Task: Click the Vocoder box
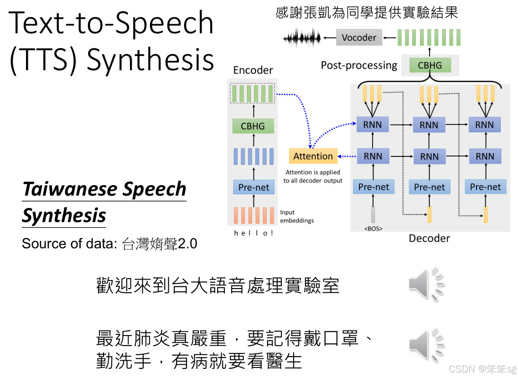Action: tap(359, 37)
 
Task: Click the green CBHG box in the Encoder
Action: tap(253, 126)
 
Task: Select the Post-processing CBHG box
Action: tap(430, 65)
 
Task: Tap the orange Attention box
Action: tap(313, 156)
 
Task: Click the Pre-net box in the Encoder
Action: tap(254, 187)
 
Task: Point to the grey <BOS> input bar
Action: tap(373, 215)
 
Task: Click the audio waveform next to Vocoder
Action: tap(302, 38)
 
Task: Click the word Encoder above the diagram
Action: tap(253, 70)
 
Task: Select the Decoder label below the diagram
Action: tap(429, 238)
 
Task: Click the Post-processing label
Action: tap(359, 65)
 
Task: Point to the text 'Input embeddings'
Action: tap(296, 216)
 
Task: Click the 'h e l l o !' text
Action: tap(253, 233)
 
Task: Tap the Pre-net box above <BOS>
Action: tap(373, 187)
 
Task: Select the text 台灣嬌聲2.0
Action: tap(160, 243)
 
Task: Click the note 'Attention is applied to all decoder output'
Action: tap(313, 176)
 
